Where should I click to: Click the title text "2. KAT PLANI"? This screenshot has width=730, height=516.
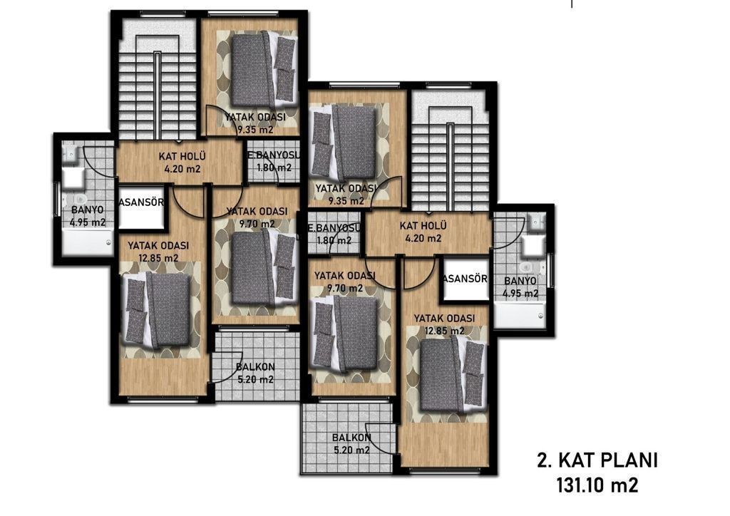click(597, 460)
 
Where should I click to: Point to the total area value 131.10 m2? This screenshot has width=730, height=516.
click(597, 486)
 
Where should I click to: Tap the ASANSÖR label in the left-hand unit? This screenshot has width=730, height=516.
click(142, 202)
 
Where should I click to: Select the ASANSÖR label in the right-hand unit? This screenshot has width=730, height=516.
click(465, 279)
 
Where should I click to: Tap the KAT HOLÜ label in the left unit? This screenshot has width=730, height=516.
click(182, 156)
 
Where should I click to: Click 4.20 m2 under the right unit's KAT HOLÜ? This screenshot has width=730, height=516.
click(423, 239)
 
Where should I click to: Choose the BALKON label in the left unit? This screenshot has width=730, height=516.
click(255, 366)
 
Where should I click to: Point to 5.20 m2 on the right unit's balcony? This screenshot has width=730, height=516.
click(351, 450)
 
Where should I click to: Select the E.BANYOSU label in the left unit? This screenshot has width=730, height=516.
click(273, 155)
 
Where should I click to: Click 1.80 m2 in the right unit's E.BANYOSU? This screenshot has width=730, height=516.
click(334, 241)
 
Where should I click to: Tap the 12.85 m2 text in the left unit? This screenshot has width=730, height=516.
click(158, 258)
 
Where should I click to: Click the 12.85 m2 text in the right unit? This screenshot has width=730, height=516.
click(444, 331)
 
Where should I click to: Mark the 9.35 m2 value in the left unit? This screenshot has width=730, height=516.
click(255, 130)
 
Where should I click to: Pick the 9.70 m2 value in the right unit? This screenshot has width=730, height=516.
click(345, 289)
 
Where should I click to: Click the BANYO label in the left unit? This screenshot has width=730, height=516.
click(88, 210)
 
